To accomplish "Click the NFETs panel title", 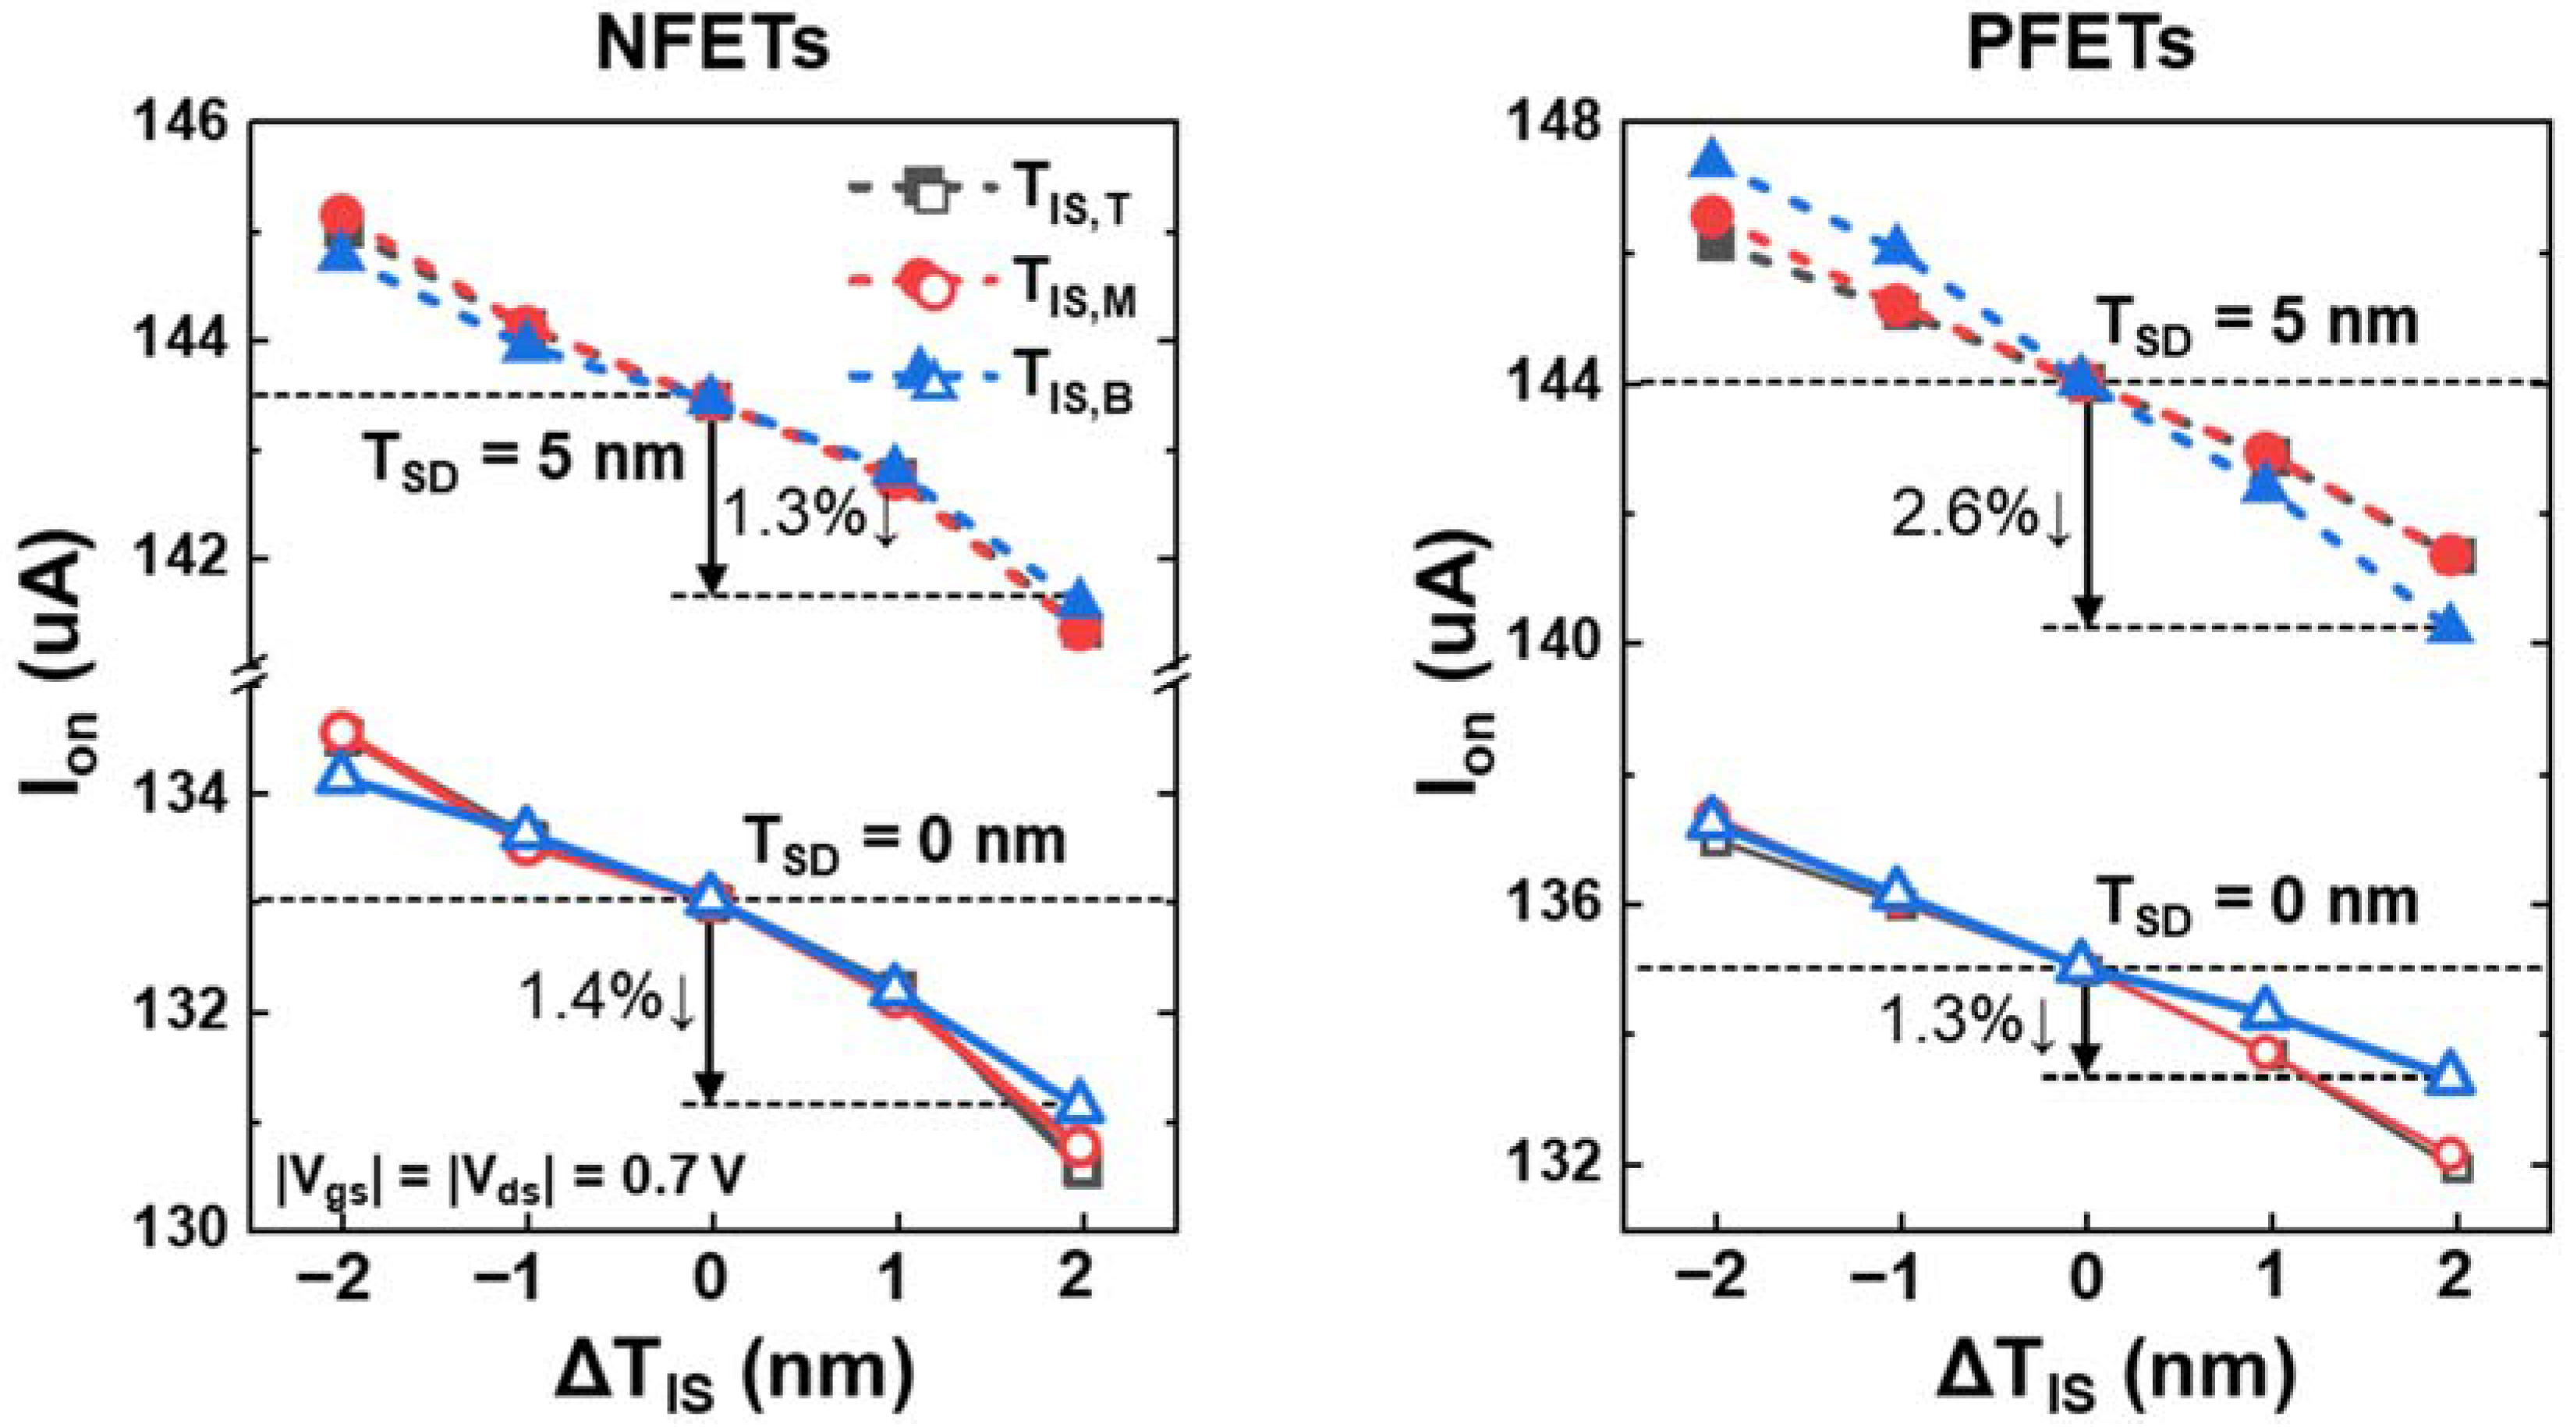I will [712, 45].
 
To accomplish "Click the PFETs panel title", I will [2080, 45].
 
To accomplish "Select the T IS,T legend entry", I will [1072, 194].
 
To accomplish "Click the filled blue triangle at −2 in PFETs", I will [1713, 160].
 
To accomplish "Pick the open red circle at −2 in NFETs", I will [342, 732].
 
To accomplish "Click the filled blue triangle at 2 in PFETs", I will [2452, 626].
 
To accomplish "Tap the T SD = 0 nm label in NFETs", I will [904, 843].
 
